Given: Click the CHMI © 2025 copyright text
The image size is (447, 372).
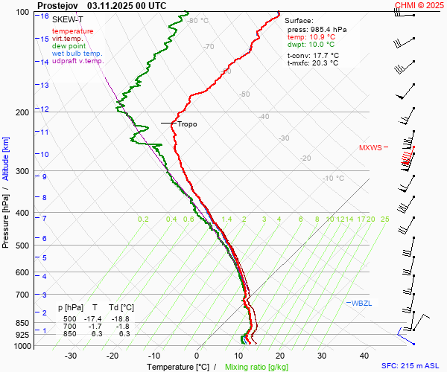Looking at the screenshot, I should coord(419,4).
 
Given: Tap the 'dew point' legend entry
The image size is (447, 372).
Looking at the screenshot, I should coord(69,46).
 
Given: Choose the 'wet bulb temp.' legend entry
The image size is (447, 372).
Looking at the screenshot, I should coord(77,54).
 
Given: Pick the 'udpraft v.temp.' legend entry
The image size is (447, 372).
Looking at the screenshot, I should coord(78,61).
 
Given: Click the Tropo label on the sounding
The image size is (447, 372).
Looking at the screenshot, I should coord(187,124).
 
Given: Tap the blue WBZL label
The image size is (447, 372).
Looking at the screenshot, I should coord(361,303).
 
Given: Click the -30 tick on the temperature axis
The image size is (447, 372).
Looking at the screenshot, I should coord(71,356).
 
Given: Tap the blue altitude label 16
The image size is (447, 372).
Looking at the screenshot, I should coord(45,16).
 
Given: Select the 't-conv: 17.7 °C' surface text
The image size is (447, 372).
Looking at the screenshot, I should coord(313,55).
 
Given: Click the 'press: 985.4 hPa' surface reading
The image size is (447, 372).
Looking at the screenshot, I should coord(317,29).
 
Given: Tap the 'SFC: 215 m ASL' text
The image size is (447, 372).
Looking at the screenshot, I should coord(411,366).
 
